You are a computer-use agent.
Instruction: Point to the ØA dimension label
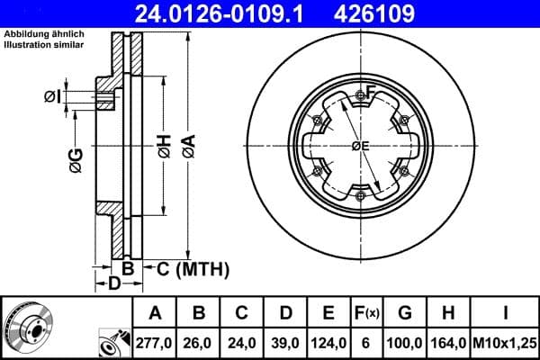(x=187, y=147)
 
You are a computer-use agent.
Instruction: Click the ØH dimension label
(x=163, y=147)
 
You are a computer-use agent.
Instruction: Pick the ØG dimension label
(x=76, y=160)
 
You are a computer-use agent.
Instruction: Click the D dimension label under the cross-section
(x=113, y=284)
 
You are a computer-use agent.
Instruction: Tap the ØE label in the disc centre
(x=360, y=146)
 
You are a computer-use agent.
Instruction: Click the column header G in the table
(x=405, y=313)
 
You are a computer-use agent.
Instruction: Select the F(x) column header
(x=367, y=313)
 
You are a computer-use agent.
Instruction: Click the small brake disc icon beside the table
(x=28, y=328)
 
